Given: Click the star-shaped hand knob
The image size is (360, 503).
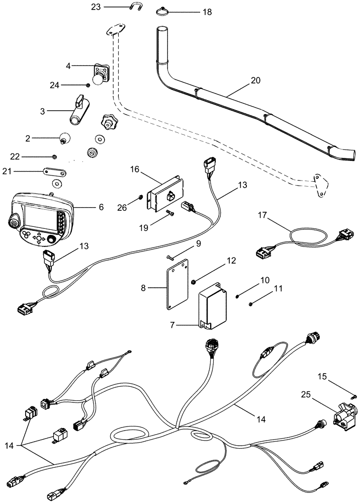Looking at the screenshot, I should [108, 121].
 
